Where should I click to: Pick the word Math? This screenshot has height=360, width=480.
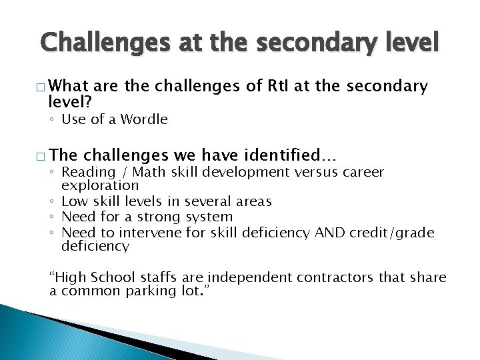tap(152, 172)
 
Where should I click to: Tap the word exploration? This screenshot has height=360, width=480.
tap(100, 185)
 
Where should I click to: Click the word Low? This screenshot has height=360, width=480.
tap(74, 201)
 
